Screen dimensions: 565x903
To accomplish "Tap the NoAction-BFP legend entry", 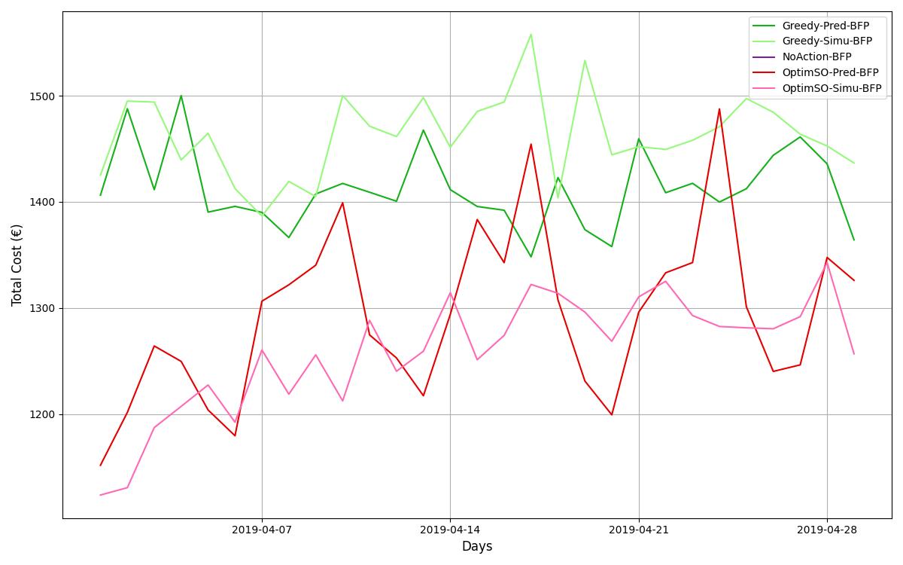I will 816,57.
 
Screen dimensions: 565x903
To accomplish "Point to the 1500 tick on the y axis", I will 43,96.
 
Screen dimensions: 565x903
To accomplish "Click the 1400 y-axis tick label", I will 43,203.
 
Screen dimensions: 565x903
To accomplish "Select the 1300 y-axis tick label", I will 43,309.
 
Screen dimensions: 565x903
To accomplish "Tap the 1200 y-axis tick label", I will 43,415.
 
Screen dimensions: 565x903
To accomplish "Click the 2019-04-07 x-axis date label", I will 262,530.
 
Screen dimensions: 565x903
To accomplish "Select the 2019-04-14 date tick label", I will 450,530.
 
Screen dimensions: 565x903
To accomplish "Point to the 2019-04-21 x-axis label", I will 639,530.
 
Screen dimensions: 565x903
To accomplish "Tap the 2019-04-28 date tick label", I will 827,530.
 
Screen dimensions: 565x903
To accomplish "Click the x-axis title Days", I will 477,547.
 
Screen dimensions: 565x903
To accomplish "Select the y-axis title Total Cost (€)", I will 17,265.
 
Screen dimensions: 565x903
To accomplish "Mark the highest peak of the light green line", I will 531,34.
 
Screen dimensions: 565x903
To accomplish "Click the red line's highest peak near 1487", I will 719,108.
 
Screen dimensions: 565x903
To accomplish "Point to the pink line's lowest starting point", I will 100,495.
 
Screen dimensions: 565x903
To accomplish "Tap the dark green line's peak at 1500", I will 181,96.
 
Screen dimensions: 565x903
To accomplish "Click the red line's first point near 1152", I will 100,465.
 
